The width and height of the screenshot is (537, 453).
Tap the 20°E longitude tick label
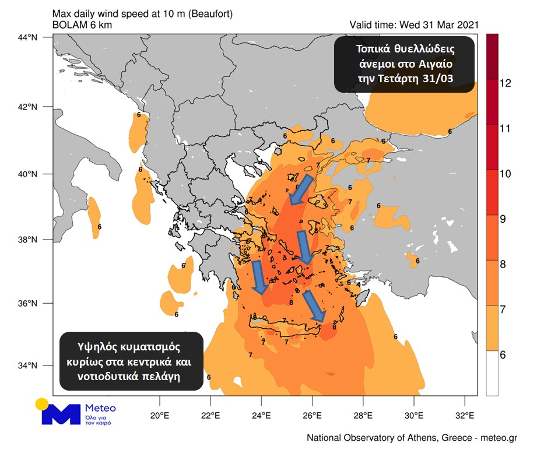pyautogui.click(x=159, y=416)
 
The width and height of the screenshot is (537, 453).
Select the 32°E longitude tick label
pyautogui.click(x=464, y=416)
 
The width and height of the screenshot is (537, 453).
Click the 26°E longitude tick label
pyautogui.click(x=312, y=416)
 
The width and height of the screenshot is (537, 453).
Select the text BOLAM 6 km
pyautogui.click(x=82, y=24)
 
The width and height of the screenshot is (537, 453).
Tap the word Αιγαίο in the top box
pyautogui.click(x=434, y=62)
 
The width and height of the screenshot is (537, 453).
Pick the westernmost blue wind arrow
pyautogui.click(x=258, y=278)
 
